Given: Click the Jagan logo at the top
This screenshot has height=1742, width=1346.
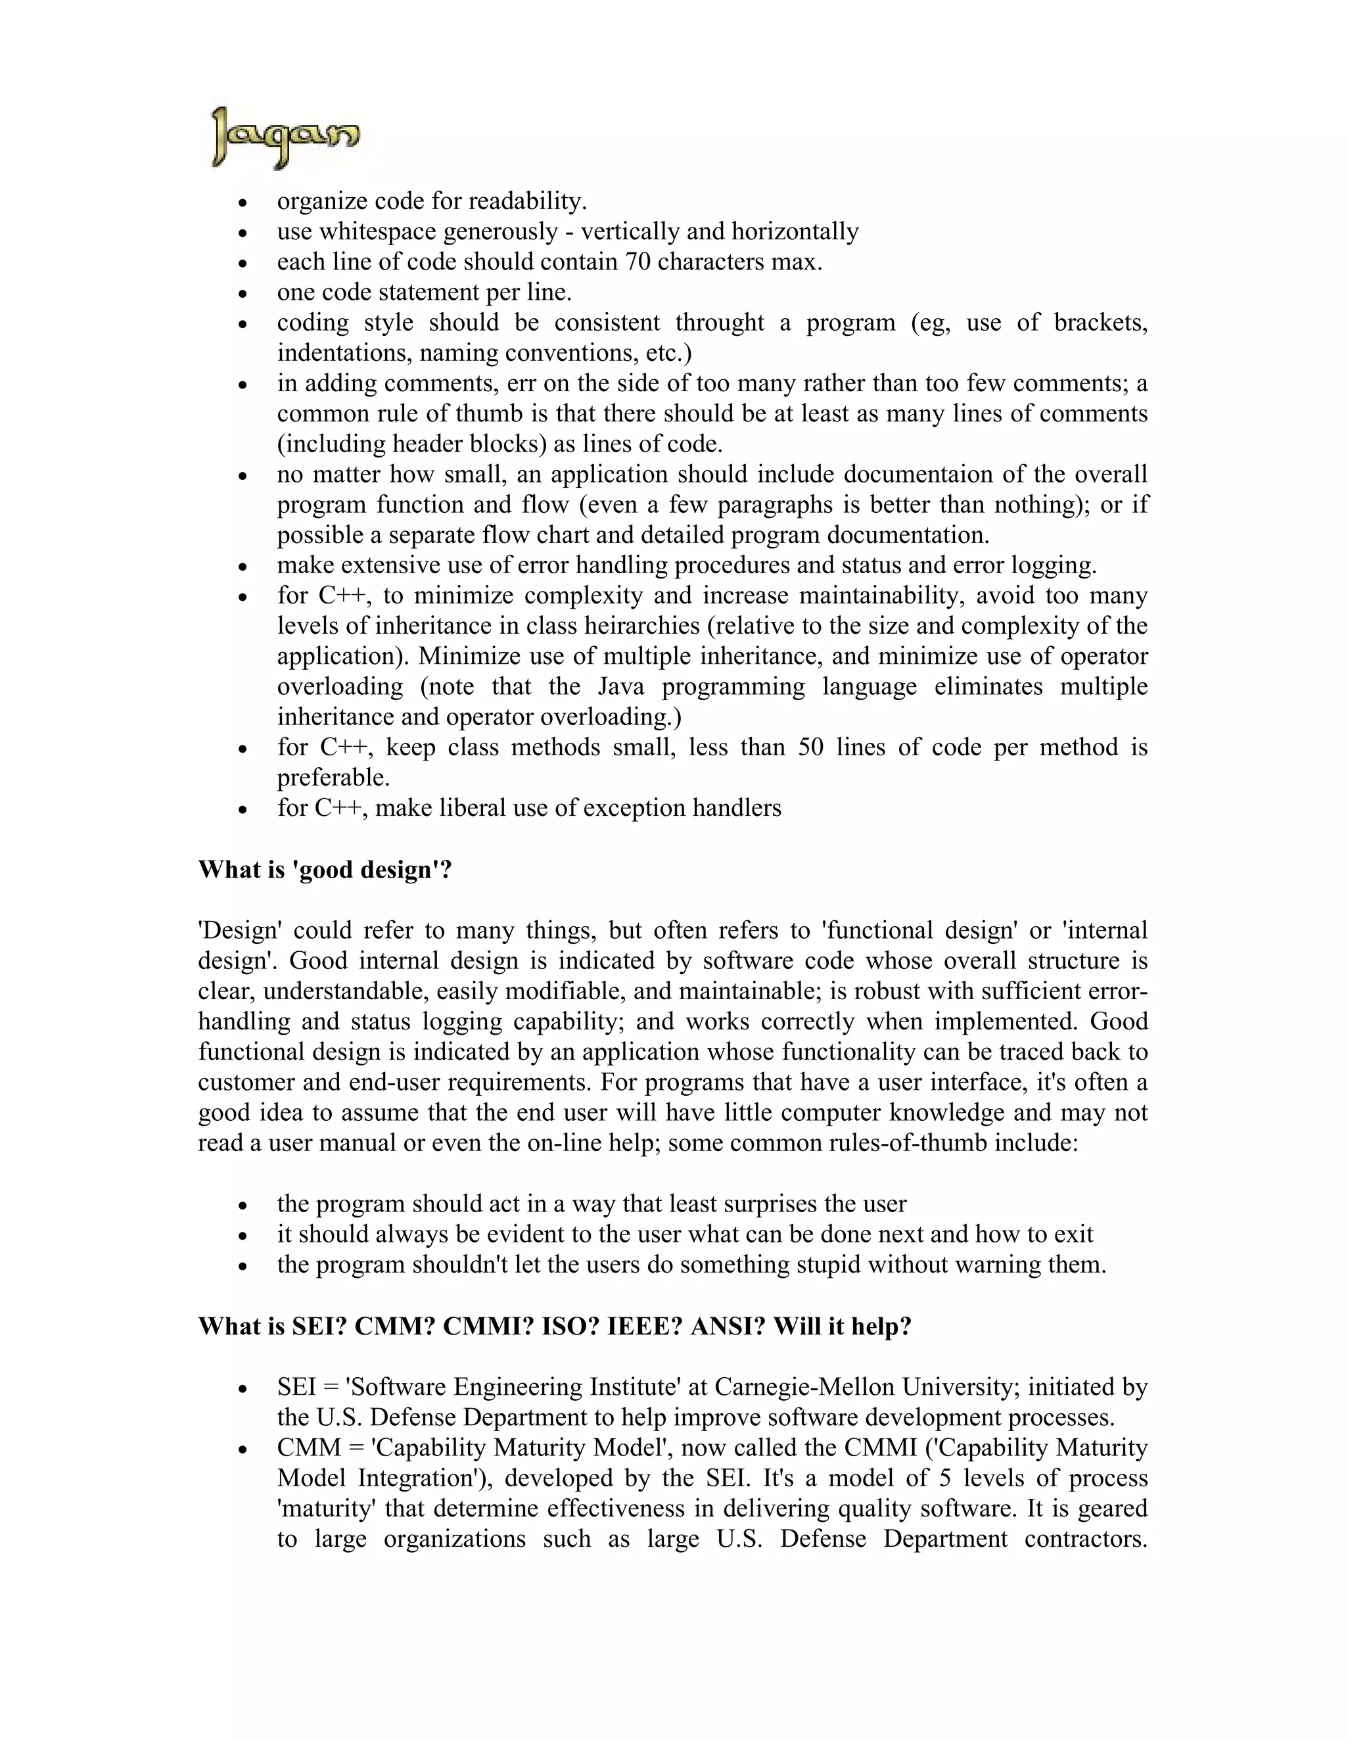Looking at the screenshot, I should click(x=285, y=137).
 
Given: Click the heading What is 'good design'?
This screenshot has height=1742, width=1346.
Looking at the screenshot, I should click(x=325, y=870).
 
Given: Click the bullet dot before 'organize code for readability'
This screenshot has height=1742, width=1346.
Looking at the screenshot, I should click(x=244, y=202).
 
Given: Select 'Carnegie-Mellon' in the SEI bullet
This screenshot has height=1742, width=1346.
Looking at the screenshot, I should click(x=804, y=1387).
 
